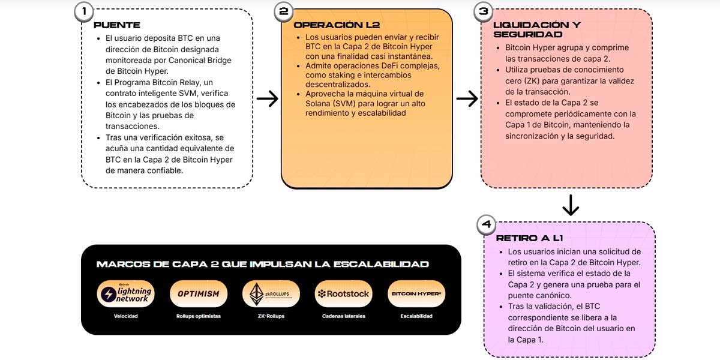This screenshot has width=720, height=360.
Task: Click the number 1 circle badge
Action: (x=84, y=11)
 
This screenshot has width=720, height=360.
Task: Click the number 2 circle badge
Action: (x=284, y=11)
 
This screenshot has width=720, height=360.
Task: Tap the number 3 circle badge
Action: (x=484, y=11)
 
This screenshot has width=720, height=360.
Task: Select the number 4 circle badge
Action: (x=487, y=225)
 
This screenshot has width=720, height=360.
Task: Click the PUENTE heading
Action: (x=117, y=25)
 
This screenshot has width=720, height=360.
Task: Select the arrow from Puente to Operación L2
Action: (x=267, y=98)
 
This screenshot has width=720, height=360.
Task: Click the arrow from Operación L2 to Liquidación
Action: (x=467, y=98)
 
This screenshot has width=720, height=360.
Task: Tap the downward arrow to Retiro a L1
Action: (x=570, y=205)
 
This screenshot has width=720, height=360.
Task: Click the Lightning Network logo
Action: (x=126, y=294)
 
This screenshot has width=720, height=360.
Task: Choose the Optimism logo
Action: (x=199, y=294)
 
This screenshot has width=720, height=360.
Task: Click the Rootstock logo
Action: (x=344, y=294)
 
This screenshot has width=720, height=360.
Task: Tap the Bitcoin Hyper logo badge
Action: (x=416, y=294)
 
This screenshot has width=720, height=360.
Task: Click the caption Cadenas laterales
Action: (x=344, y=316)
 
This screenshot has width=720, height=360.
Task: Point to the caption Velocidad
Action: (x=126, y=316)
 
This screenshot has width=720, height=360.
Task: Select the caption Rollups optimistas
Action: (x=199, y=316)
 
